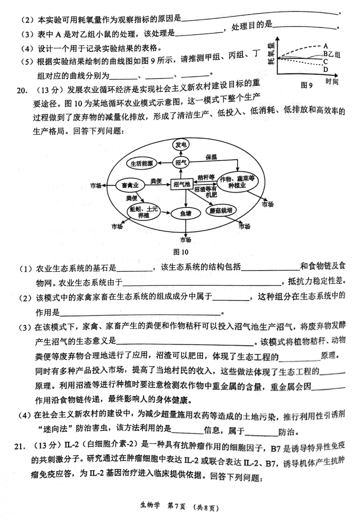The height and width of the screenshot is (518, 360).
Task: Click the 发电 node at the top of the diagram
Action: [181, 144]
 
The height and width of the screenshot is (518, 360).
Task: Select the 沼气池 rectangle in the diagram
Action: [181, 184]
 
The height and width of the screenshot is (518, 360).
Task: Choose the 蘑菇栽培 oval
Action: [220, 210]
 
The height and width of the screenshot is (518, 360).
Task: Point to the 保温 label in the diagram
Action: [211, 157]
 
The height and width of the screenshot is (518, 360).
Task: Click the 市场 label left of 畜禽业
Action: [96, 185]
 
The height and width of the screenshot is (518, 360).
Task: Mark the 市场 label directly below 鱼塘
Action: [185, 239]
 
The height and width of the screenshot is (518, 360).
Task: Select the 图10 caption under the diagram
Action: [181, 252]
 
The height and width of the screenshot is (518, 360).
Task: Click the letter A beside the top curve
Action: [325, 45]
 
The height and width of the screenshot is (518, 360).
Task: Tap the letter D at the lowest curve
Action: [325, 69]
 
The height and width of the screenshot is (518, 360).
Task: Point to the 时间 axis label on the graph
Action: [331, 81]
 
